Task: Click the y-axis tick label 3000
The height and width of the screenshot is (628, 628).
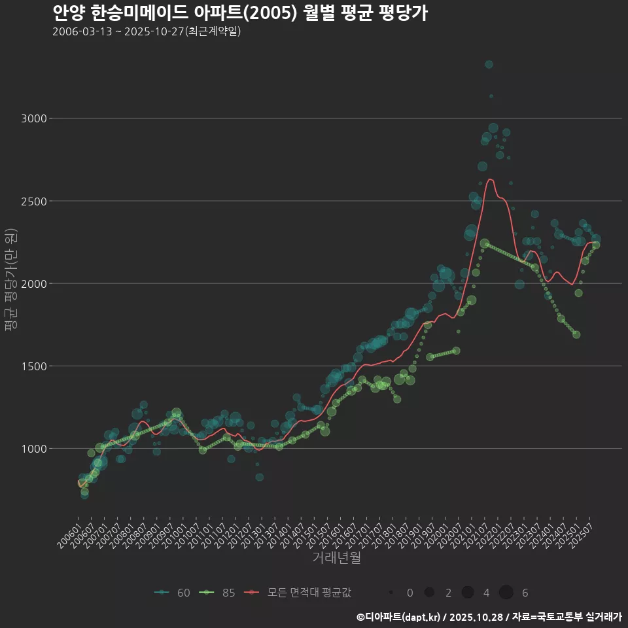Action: click(x=34, y=118)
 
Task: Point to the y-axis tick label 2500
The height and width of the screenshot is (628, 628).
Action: click(x=34, y=201)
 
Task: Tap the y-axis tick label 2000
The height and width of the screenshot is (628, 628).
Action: click(x=34, y=283)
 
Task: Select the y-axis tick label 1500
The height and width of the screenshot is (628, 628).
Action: click(x=34, y=366)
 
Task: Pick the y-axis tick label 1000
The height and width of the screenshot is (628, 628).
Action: click(x=34, y=449)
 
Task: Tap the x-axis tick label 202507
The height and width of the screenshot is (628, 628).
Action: click(x=581, y=535)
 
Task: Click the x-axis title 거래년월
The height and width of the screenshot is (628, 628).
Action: click(x=336, y=558)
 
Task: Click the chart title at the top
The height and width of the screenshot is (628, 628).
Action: click(x=239, y=13)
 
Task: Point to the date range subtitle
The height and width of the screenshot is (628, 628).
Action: click(x=147, y=31)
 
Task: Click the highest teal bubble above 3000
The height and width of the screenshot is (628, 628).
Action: click(x=489, y=64)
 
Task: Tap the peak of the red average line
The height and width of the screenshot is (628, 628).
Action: click(x=490, y=179)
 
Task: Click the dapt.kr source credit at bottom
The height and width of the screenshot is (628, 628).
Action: click(x=489, y=616)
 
